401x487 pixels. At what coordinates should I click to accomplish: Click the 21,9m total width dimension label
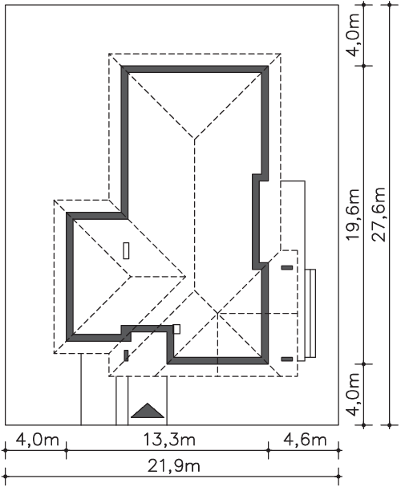click(x=173, y=466)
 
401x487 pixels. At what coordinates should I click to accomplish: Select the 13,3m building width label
click(x=169, y=440)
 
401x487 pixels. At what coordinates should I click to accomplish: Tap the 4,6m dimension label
click(x=305, y=440)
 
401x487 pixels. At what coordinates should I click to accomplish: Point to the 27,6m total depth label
click(x=379, y=214)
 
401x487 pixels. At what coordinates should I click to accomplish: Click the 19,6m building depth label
click(x=353, y=214)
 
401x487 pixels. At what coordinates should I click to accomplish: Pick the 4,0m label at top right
click(x=353, y=34)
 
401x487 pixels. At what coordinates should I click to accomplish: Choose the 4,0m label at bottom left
click(x=37, y=440)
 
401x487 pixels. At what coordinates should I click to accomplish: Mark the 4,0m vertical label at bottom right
click(x=353, y=395)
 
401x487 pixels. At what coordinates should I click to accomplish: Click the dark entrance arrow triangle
click(x=148, y=411)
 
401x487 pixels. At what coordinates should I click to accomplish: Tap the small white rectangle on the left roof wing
click(x=126, y=250)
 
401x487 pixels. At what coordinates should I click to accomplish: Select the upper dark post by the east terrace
click(x=287, y=267)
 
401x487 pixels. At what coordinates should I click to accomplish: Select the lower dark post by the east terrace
click(x=287, y=359)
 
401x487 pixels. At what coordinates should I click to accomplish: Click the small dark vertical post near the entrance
click(x=126, y=355)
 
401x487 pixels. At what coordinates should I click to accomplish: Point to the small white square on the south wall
click(x=176, y=329)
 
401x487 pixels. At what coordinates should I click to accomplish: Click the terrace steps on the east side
click(x=310, y=314)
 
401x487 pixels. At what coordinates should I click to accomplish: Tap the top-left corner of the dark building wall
click(x=121, y=66)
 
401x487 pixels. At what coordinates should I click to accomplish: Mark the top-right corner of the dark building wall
click(x=268, y=66)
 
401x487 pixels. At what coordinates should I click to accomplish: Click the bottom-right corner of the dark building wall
click(x=268, y=363)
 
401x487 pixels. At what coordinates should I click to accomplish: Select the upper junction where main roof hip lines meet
click(x=195, y=138)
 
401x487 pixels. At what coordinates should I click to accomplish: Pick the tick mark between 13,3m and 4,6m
click(x=268, y=450)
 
